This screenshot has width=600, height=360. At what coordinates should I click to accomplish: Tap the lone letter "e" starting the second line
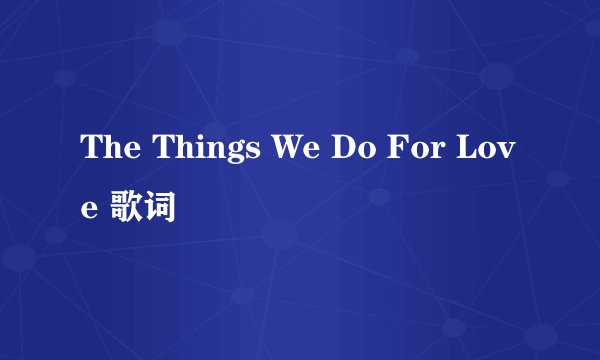[x=90, y=209]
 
